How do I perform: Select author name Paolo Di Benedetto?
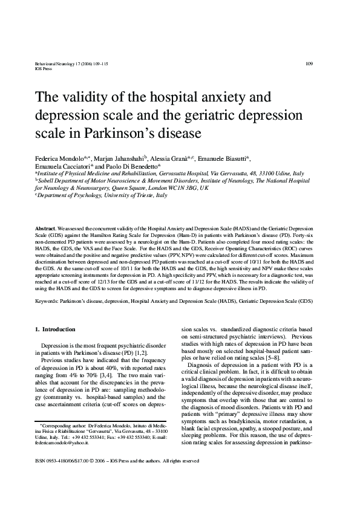coord(131,166)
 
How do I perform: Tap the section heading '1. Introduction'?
coord(55,329)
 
